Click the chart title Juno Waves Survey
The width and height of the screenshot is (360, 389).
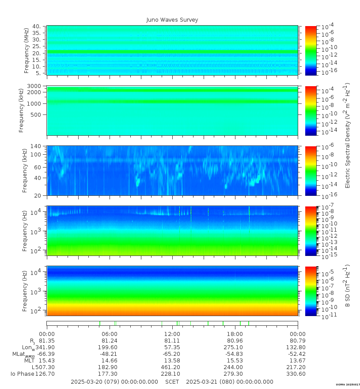point(172,20)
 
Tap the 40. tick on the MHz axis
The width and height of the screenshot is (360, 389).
point(36,27)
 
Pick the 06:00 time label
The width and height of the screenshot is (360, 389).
point(110,334)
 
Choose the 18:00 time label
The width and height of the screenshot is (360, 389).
point(235,334)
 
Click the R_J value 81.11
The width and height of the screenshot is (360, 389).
point(172,341)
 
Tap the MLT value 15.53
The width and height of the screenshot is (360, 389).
point(235,361)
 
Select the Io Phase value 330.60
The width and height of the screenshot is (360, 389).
point(297,374)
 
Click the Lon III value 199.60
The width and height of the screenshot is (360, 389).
point(110,347)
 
